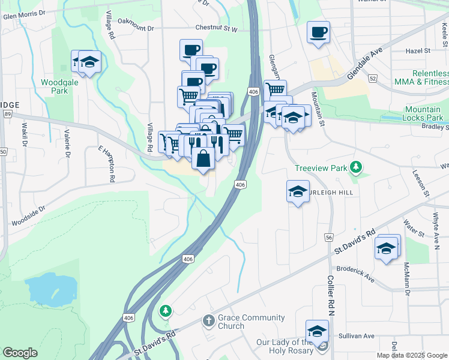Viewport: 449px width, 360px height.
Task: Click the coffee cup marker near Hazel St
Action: (318, 32)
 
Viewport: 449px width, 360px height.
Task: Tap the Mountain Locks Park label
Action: (423, 113)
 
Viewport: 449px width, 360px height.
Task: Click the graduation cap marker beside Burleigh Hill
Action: (298, 191)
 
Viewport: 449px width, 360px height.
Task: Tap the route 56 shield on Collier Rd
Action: (329, 238)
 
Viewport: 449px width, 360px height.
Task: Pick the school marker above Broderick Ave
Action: (387, 247)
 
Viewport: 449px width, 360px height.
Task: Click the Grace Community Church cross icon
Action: (208, 321)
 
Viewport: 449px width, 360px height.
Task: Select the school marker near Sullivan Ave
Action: (316, 331)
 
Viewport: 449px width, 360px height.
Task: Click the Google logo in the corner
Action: (20, 353)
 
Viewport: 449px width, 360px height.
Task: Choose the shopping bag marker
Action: (203, 159)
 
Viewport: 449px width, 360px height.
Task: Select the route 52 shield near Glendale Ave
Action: (373, 79)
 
